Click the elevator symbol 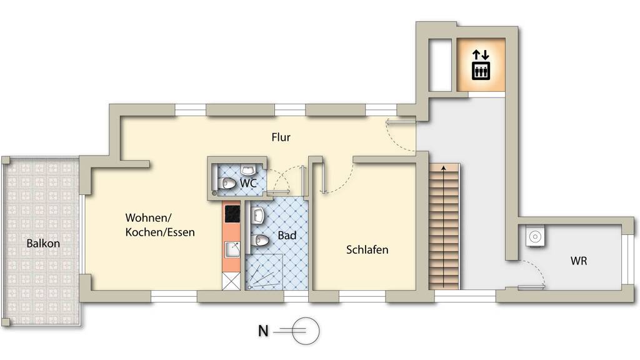[x=481, y=65]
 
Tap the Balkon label [x=43, y=244]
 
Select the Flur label [x=281, y=137]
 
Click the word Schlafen [x=367, y=249]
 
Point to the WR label [x=579, y=261]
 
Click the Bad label [x=287, y=236]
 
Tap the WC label [x=248, y=183]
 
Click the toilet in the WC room [x=227, y=184]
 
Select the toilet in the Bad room [x=258, y=241]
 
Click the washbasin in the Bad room [x=257, y=215]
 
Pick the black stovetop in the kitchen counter [x=232, y=214]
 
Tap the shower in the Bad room [x=264, y=272]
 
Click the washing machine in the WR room [x=535, y=236]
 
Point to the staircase [x=444, y=226]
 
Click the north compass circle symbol [x=305, y=331]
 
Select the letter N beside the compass [x=264, y=331]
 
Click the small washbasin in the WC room [x=247, y=169]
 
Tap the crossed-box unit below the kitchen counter [x=231, y=281]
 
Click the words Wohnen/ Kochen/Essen [x=160, y=225]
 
